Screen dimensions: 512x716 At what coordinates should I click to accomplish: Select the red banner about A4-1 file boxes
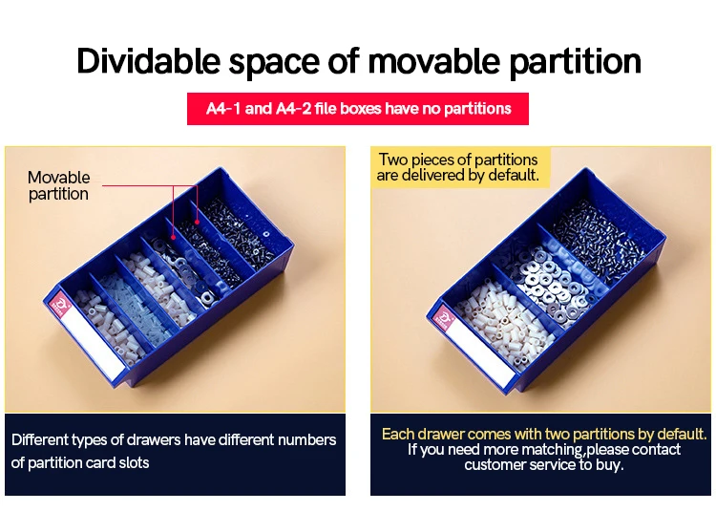tap(358, 109)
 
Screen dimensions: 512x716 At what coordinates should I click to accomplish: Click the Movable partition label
tap(58, 185)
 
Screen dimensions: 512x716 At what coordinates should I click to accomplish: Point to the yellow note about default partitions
tap(457, 167)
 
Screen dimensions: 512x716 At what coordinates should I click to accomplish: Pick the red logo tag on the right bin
tap(444, 315)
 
